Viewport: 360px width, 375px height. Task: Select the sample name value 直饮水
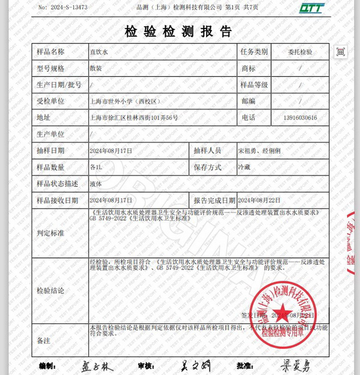tap(99, 52)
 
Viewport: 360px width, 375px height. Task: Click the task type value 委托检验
tap(300, 52)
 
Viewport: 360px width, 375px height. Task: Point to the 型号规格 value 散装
tap(96, 69)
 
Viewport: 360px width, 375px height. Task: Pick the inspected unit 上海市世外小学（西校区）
tap(125, 102)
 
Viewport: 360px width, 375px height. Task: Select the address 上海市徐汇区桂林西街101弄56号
tap(134, 118)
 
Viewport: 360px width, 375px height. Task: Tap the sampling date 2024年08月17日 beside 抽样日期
tap(111, 151)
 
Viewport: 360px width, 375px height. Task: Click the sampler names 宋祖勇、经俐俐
tap(259, 151)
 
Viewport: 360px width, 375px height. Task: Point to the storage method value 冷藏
tap(243, 167)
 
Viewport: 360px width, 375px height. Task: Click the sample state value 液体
tap(96, 184)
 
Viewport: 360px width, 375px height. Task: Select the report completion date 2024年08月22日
tap(259, 200)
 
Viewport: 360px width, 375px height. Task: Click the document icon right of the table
tap(341, 52)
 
